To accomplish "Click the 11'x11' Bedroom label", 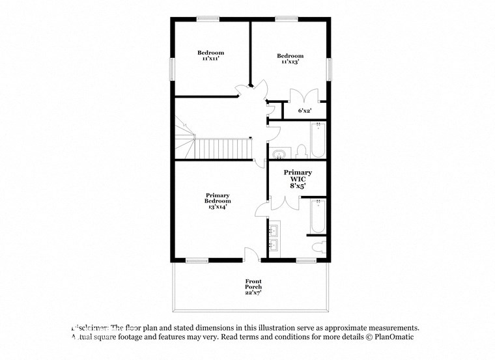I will pyautogui.click(x=211, y=55).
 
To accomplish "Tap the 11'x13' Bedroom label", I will pyautogui.click(x=290, y=59).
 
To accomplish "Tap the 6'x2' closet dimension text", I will pyautogui.click(x=305, y=111).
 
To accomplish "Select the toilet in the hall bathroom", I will pyautogui.click(x=301, y=152).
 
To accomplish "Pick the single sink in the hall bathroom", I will pyautogui.click(x=279, y=154).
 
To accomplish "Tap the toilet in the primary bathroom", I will pyautogui.click(x=319, y=248).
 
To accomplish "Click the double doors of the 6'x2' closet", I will pyautogui.click(x=305, y=95).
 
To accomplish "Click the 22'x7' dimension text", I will pyautogui.click(x=253, y=293).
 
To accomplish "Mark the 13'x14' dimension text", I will pyautogui.click(x=218, y=208).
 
